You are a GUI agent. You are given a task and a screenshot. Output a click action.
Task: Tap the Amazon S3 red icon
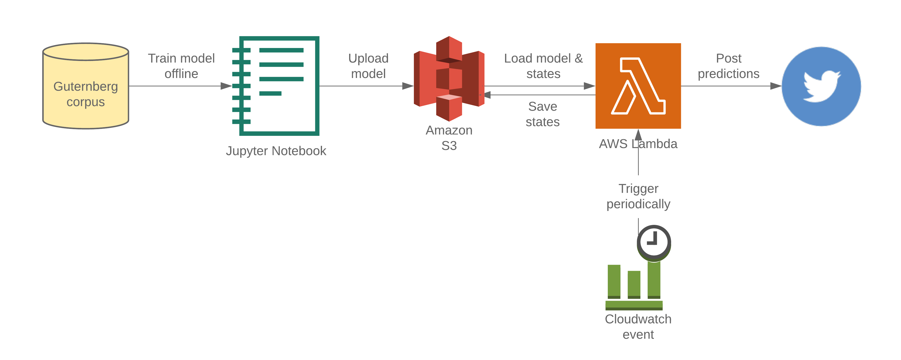pyautogui.click(x=449, y=78)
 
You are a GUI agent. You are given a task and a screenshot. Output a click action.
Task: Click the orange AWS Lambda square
pyautogui.click(x=638, y=86)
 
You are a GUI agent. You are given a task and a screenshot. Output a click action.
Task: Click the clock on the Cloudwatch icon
pyautogui.click(x=653, y=242)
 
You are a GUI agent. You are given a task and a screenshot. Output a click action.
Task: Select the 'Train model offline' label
pyautogui.click(x=181, y=66)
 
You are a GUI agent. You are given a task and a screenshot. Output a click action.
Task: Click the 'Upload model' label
pyautogui.click(x=368, y=66)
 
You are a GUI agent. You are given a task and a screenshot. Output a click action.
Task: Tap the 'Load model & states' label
pyautogui.click(x=543, y=66)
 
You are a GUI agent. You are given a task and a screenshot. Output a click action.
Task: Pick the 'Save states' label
pyautogui.click(x=543, y=114)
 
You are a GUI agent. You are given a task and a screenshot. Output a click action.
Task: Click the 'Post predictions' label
pyautogui.click(x=728, y=66)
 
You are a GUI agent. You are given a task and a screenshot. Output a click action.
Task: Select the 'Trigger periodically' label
pyautogui.click(x=638, y=196)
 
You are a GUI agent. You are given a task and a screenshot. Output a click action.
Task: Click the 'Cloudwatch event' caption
pyautogui.click(x=638, y=326)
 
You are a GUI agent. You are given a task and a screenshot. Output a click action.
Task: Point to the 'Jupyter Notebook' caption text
pyautogui.click(x=276, y=151)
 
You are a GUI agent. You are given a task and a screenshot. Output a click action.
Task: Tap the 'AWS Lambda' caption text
pyautogui.click(x=638, y=144)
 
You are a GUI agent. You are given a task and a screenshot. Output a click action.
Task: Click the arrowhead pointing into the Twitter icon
pyautogui.click(x=776, y=86)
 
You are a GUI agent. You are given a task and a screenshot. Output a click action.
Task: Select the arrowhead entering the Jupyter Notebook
pyautogui.click(x=226, y=86)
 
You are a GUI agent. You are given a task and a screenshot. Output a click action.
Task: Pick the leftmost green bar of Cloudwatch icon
pyautogui.click(x=614, y=281)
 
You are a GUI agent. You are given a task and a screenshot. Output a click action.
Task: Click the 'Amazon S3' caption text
pyautogui.click(x=449, y=138)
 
